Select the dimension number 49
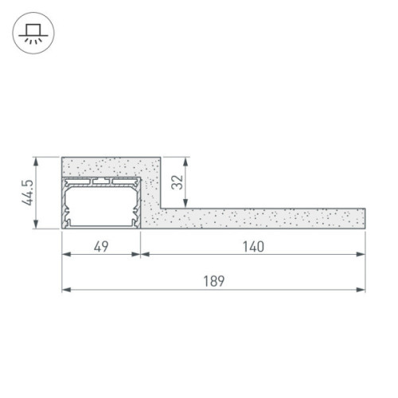(101, 246)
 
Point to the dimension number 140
(253, 246)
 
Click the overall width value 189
(214, 280)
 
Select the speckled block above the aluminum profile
(111, 167)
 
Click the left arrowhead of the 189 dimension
(67, 288)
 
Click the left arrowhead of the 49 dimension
(67, 255)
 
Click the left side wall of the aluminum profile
(64, 203)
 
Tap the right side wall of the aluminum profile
(139, 203)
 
